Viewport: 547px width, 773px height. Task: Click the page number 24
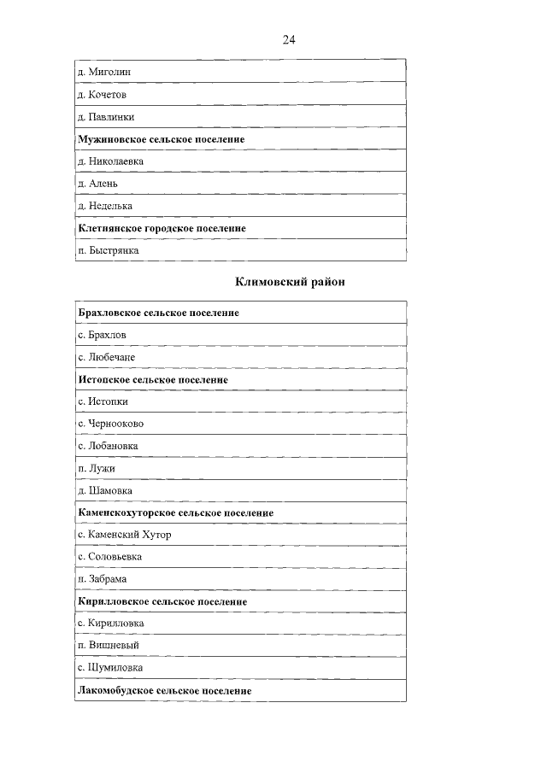tap(289, 39)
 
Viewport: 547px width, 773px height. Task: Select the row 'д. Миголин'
tap(104, 72)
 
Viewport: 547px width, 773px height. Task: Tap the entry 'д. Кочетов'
tap(102, 94)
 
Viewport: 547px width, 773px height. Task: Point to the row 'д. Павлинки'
tap(106, 116)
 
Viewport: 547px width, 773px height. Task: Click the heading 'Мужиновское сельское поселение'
tap(161, 138)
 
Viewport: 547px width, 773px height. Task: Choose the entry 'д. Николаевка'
tap(110, 161)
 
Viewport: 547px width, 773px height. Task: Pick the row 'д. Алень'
tap(98, 183)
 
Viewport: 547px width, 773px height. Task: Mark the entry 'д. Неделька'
tap(105, 206)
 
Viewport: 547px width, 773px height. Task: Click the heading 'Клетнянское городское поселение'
tap(162, 228)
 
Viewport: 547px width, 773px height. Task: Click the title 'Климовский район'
tap(290, 282)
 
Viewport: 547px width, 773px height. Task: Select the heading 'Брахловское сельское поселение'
tap(158, 313)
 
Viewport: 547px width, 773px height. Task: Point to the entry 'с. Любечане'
tap(106, 357)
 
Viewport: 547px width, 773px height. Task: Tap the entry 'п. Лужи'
tap(96, 468)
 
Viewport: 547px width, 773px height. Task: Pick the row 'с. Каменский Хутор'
tap(124, 535)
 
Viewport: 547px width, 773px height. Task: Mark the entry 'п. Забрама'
tap(102, 579)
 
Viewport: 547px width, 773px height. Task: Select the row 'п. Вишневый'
tap(108, 646)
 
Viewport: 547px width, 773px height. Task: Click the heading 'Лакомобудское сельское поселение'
tap(164, 690)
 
